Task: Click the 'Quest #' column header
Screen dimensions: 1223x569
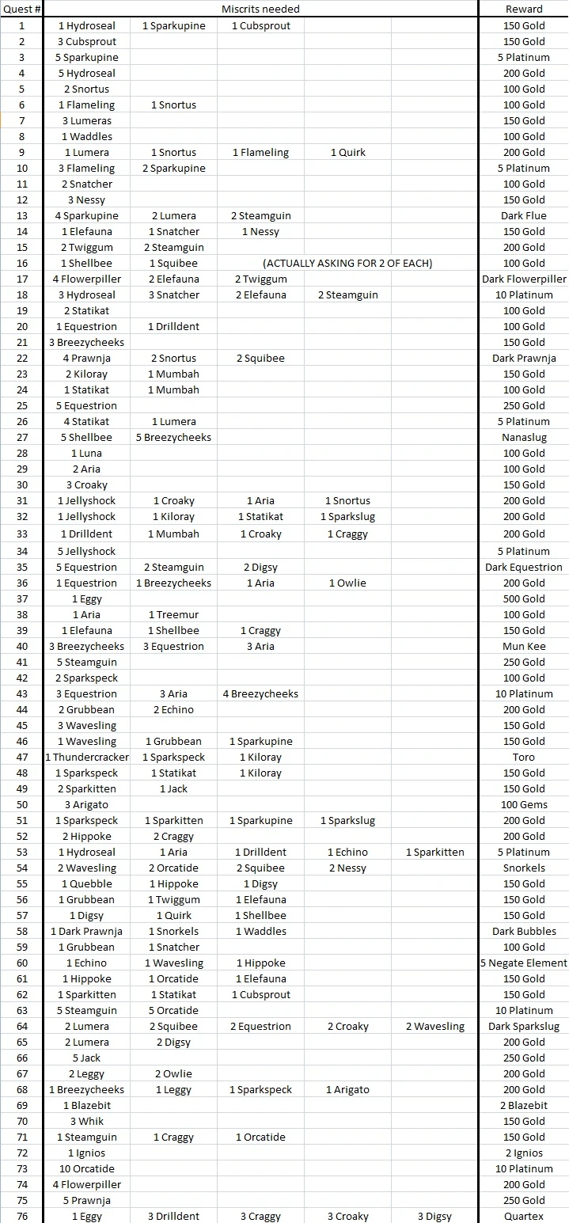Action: [21, 9]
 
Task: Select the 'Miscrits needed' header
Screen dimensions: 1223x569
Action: [260, 9]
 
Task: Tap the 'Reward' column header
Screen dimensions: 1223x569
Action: [524, 9]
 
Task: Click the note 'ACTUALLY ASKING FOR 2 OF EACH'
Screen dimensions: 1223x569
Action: [347, 263]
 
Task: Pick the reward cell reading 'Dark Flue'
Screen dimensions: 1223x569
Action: [524, 215]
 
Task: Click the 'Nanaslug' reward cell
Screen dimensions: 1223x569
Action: [524, 437]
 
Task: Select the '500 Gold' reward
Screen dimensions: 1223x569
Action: [524, 598]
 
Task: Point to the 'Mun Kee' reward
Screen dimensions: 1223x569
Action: [524, 646]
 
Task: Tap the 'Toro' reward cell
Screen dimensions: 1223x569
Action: [524, 757]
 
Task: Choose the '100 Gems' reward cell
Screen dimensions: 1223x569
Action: [524, 804]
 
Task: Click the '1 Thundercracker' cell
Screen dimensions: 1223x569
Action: [87, 757]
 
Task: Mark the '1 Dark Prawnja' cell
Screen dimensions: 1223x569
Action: [87, 931]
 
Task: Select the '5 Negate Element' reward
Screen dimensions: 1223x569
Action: [524, 963]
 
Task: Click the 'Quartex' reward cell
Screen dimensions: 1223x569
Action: [524, 1216]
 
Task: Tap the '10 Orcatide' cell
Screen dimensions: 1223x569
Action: [87, 1168]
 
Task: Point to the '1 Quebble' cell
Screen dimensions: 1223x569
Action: [87, 883]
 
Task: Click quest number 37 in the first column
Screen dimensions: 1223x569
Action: [21, 598]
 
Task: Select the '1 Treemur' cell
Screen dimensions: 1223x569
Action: [173, 614]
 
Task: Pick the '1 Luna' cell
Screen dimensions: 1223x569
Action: [87, 453]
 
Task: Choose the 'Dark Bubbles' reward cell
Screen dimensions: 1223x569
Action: [524, 931]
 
